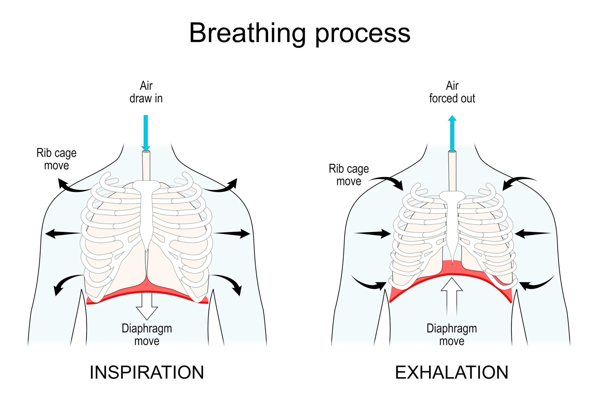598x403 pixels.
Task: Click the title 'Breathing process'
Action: coord(299,33)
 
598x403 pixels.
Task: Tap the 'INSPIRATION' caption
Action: coord(146,372)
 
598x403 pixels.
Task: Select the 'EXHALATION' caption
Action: coord(452,372)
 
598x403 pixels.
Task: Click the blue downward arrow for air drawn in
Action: coord(146,132)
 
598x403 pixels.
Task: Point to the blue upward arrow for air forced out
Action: coord(452,134)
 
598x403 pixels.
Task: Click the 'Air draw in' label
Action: coord(146,92)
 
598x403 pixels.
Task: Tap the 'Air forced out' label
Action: coord(452,92)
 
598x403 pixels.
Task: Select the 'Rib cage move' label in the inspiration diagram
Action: coord(57,159)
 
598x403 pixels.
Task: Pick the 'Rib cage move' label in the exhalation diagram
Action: coord(349,175)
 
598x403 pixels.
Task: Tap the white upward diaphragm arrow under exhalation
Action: coord(452,296)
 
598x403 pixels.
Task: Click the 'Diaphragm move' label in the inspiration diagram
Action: coord(147,335)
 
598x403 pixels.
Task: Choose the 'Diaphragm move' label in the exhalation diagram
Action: coord(452,335)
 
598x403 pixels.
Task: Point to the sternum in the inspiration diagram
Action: coord(146,216)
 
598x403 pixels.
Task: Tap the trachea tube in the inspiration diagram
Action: coord(146,166)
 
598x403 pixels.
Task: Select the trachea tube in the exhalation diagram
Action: coord(452,171)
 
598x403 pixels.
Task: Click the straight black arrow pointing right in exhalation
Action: coord(373,233)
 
